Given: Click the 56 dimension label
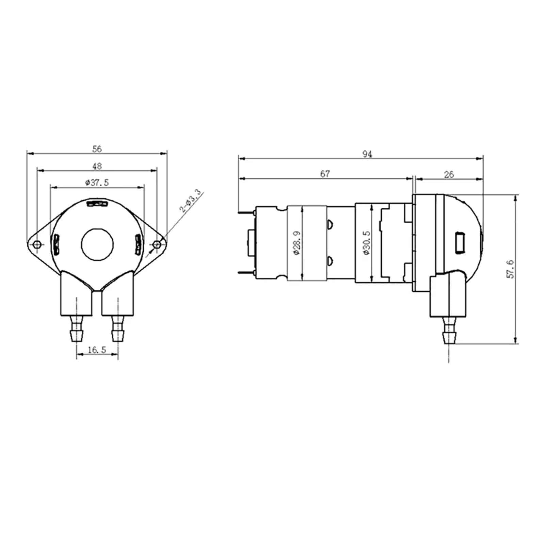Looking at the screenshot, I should pos(97,149).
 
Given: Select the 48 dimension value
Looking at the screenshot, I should pos(97,166).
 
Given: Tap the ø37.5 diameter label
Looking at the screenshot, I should pos(97,183).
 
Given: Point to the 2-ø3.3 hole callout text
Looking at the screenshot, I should pos(191,202).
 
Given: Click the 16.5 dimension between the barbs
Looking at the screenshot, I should pos(97,350).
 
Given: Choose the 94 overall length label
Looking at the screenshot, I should pos(367,154).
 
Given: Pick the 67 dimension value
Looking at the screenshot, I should pos(325,174).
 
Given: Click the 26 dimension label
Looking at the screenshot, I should pos(449,174).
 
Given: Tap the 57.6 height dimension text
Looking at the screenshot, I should pos(511,269).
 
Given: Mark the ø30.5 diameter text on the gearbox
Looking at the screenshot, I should pos(367,243).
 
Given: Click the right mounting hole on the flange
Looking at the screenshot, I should pos(157,244).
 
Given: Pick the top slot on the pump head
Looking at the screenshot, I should pos(97,204).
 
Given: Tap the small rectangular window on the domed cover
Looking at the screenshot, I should pos(460,242).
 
